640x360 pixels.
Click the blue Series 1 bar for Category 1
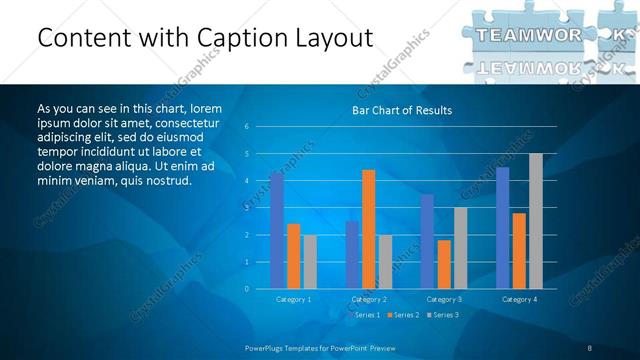(276, 230)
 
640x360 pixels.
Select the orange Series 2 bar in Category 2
(368, 229)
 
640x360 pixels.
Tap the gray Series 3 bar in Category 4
(536, 221)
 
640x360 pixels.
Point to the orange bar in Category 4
(519, 250)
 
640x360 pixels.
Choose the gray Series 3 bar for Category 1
(310, 261)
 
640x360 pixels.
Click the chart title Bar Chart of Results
(401, 110)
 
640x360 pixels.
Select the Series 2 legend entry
(404, 315)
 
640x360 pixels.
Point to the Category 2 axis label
(369, 299)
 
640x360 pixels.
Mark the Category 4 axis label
(519, 299)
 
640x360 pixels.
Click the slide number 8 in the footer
(590, 347)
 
